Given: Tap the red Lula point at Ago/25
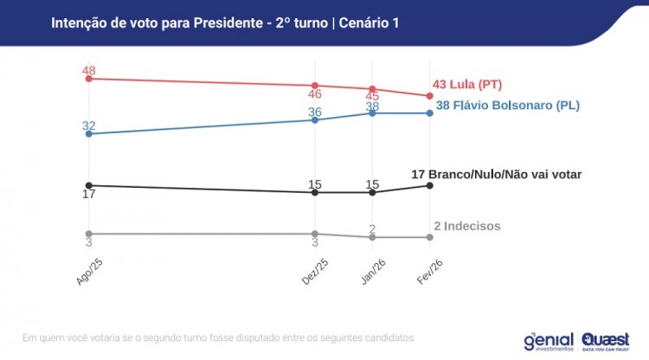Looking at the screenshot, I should pos(88,79).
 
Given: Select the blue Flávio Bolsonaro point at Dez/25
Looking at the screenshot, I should pos(315,119).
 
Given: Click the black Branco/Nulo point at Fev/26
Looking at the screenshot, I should pos(430,185).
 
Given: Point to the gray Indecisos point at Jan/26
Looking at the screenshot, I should pos(372,237).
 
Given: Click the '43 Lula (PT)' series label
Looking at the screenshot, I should pos(467,85).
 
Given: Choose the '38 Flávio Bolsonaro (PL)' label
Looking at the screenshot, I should pos(507,106).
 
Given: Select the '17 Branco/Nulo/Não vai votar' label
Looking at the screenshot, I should pos(496,174).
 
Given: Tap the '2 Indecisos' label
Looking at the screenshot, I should pos(467,226).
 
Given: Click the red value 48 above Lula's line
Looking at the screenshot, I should pos(88,69).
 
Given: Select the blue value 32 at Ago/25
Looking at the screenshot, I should pos(88,125).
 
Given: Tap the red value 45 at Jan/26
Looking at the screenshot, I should pos(372,97).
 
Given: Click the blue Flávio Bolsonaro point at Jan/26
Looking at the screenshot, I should pos(372,112).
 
